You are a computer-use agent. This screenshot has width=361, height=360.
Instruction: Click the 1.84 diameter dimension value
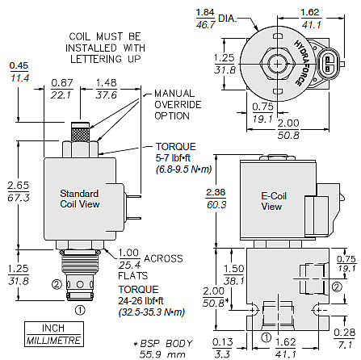205,12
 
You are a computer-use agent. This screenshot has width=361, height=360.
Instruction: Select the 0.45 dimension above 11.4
19,65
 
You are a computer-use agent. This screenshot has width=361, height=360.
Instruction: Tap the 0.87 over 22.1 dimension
62,89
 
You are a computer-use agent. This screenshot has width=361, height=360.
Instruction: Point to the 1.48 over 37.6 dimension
107,89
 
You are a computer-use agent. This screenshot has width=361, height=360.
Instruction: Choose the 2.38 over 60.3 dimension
216,199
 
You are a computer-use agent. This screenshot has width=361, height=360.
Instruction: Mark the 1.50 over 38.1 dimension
234,274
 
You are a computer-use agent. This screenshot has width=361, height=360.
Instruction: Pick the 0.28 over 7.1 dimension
345,338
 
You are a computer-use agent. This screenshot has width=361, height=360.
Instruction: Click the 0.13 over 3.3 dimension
222,348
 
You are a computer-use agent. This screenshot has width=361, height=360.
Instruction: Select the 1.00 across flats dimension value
128,253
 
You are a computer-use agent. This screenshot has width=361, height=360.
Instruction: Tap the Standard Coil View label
79,199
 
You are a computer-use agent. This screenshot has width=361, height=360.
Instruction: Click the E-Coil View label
274,201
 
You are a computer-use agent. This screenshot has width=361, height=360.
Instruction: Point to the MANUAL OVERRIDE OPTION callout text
178,105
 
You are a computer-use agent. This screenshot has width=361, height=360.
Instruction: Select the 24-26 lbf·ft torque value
141,301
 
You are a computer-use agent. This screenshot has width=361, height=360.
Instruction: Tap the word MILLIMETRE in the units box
54,341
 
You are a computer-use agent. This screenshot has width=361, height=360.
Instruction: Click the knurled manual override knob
80,132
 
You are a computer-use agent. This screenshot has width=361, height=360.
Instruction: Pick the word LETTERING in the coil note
96,59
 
